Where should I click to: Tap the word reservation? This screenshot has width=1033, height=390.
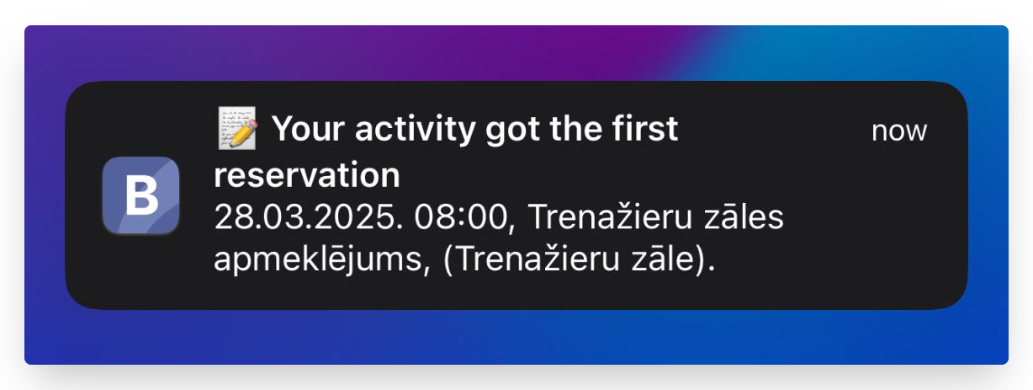click(307, 176)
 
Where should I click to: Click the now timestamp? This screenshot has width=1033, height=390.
click(898, 131)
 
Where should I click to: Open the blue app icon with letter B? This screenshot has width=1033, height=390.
click(140, 195)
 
